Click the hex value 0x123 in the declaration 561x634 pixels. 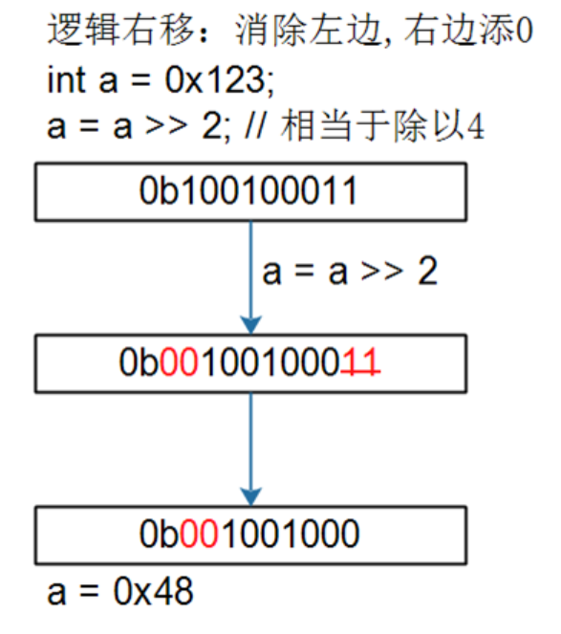point(214,79)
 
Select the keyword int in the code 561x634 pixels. point(67,79)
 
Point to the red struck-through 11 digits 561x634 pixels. point(360,361)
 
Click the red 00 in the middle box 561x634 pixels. point(179,361)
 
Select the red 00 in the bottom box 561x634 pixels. point(199,534)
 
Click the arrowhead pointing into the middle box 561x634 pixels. point(251,325)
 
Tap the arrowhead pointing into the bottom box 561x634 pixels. point(251,496)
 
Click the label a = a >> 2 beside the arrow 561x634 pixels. point(350,272)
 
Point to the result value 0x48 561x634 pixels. point(153,591)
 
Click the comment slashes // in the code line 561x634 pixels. point(255,126)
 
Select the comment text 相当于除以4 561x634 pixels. point(382,126)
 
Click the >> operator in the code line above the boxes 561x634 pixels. point(166,126)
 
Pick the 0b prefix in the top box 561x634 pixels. point(159,190)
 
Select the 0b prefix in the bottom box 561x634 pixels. point(159,534)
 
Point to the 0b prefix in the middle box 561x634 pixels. point(139,361)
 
